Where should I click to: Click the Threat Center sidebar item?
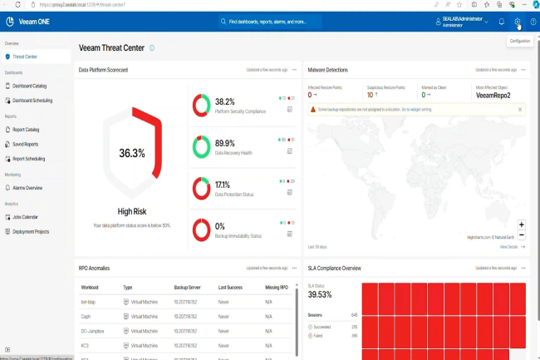pos(25,57)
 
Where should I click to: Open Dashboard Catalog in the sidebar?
pos(29,86)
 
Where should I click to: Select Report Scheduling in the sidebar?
pos(29,158)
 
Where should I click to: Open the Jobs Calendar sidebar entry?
pos(26,217)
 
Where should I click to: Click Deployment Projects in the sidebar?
pos(32,232)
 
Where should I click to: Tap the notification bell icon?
pos(501,22)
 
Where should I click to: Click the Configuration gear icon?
pos(517,22)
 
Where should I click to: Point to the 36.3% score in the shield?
pos(132,153)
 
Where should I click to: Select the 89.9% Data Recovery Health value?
pos(224,143)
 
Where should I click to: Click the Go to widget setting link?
pos(416,109)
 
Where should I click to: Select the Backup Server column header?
pos(185,287)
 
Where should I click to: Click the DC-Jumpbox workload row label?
pos(91,331)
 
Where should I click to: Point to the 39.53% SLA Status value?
pos(320,294)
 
